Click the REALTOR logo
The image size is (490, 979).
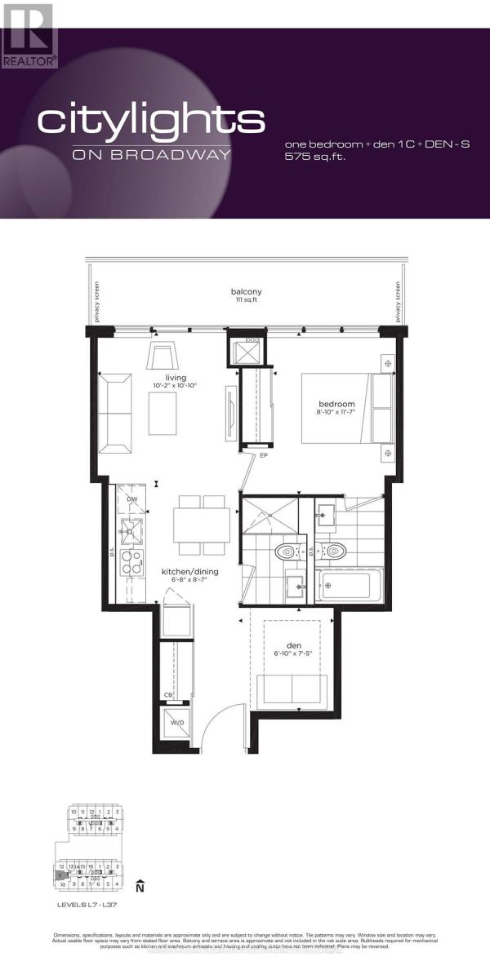[29, 35]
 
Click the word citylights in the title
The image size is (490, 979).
[151, 121]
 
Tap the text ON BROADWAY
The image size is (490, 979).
[151, 155]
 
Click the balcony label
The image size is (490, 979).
[246, 291]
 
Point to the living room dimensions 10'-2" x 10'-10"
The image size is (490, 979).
[176, 387]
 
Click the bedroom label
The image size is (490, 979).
[336, 404]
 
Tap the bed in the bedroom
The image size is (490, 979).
[347, 408]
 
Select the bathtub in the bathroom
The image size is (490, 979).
[345, 584]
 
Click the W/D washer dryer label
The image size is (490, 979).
[177, 724]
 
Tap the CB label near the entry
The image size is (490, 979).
[167, 695]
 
